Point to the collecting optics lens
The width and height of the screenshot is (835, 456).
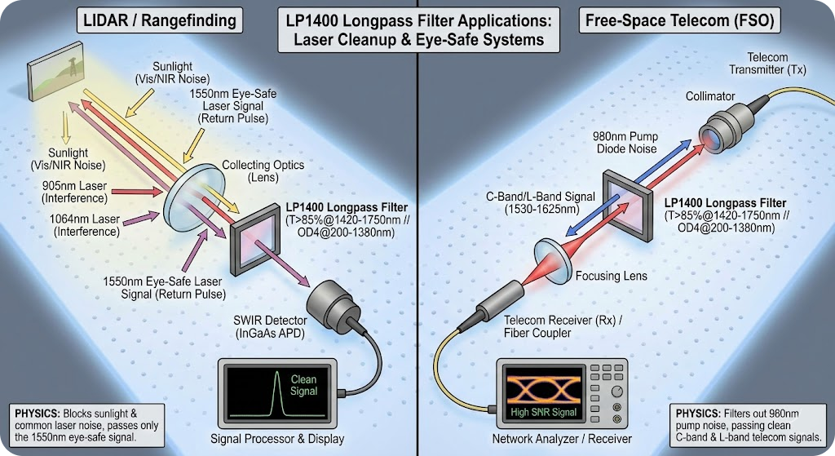point(188,193)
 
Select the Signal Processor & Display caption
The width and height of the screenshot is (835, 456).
point(277,439)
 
